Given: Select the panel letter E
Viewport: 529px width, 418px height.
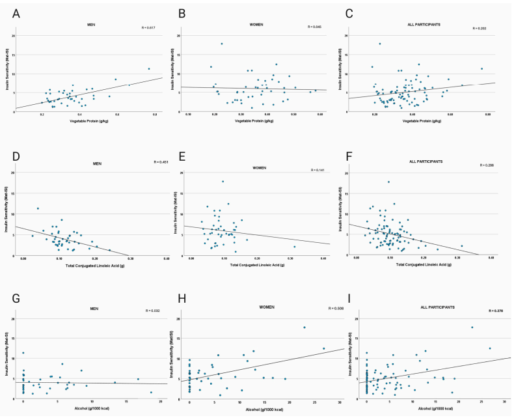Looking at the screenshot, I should (183, 158).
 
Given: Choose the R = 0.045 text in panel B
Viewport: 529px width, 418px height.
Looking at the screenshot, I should (315, 27).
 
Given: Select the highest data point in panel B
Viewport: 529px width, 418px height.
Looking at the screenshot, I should (221, 44).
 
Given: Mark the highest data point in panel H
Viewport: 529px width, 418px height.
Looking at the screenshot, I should (304, 327).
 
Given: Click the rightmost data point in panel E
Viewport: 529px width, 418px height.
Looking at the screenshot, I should (295, 246).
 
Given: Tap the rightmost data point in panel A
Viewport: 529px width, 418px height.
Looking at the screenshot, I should (148, 68).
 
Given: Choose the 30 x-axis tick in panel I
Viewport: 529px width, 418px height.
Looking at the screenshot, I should (504, 401).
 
